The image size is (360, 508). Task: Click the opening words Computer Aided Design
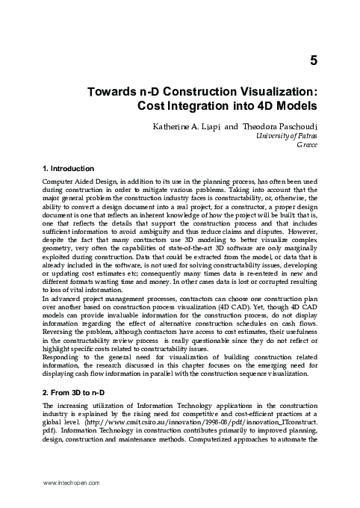coord(75,183)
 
